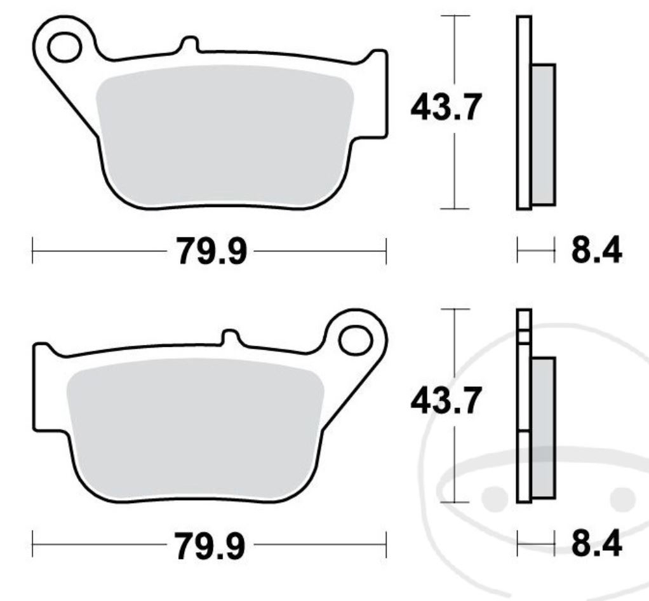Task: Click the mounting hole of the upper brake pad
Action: tap(64, 48)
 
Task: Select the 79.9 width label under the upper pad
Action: tap(210, 252)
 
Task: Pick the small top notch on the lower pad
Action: tap(230, 337)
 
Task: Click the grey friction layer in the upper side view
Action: tap(543, 133)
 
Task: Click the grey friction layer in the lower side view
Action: tap(543, 429)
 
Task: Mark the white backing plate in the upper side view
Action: tap(523, 114)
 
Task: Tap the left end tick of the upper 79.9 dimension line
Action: tap(32, 252)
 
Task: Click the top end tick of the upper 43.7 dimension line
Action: tap(455, 15)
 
